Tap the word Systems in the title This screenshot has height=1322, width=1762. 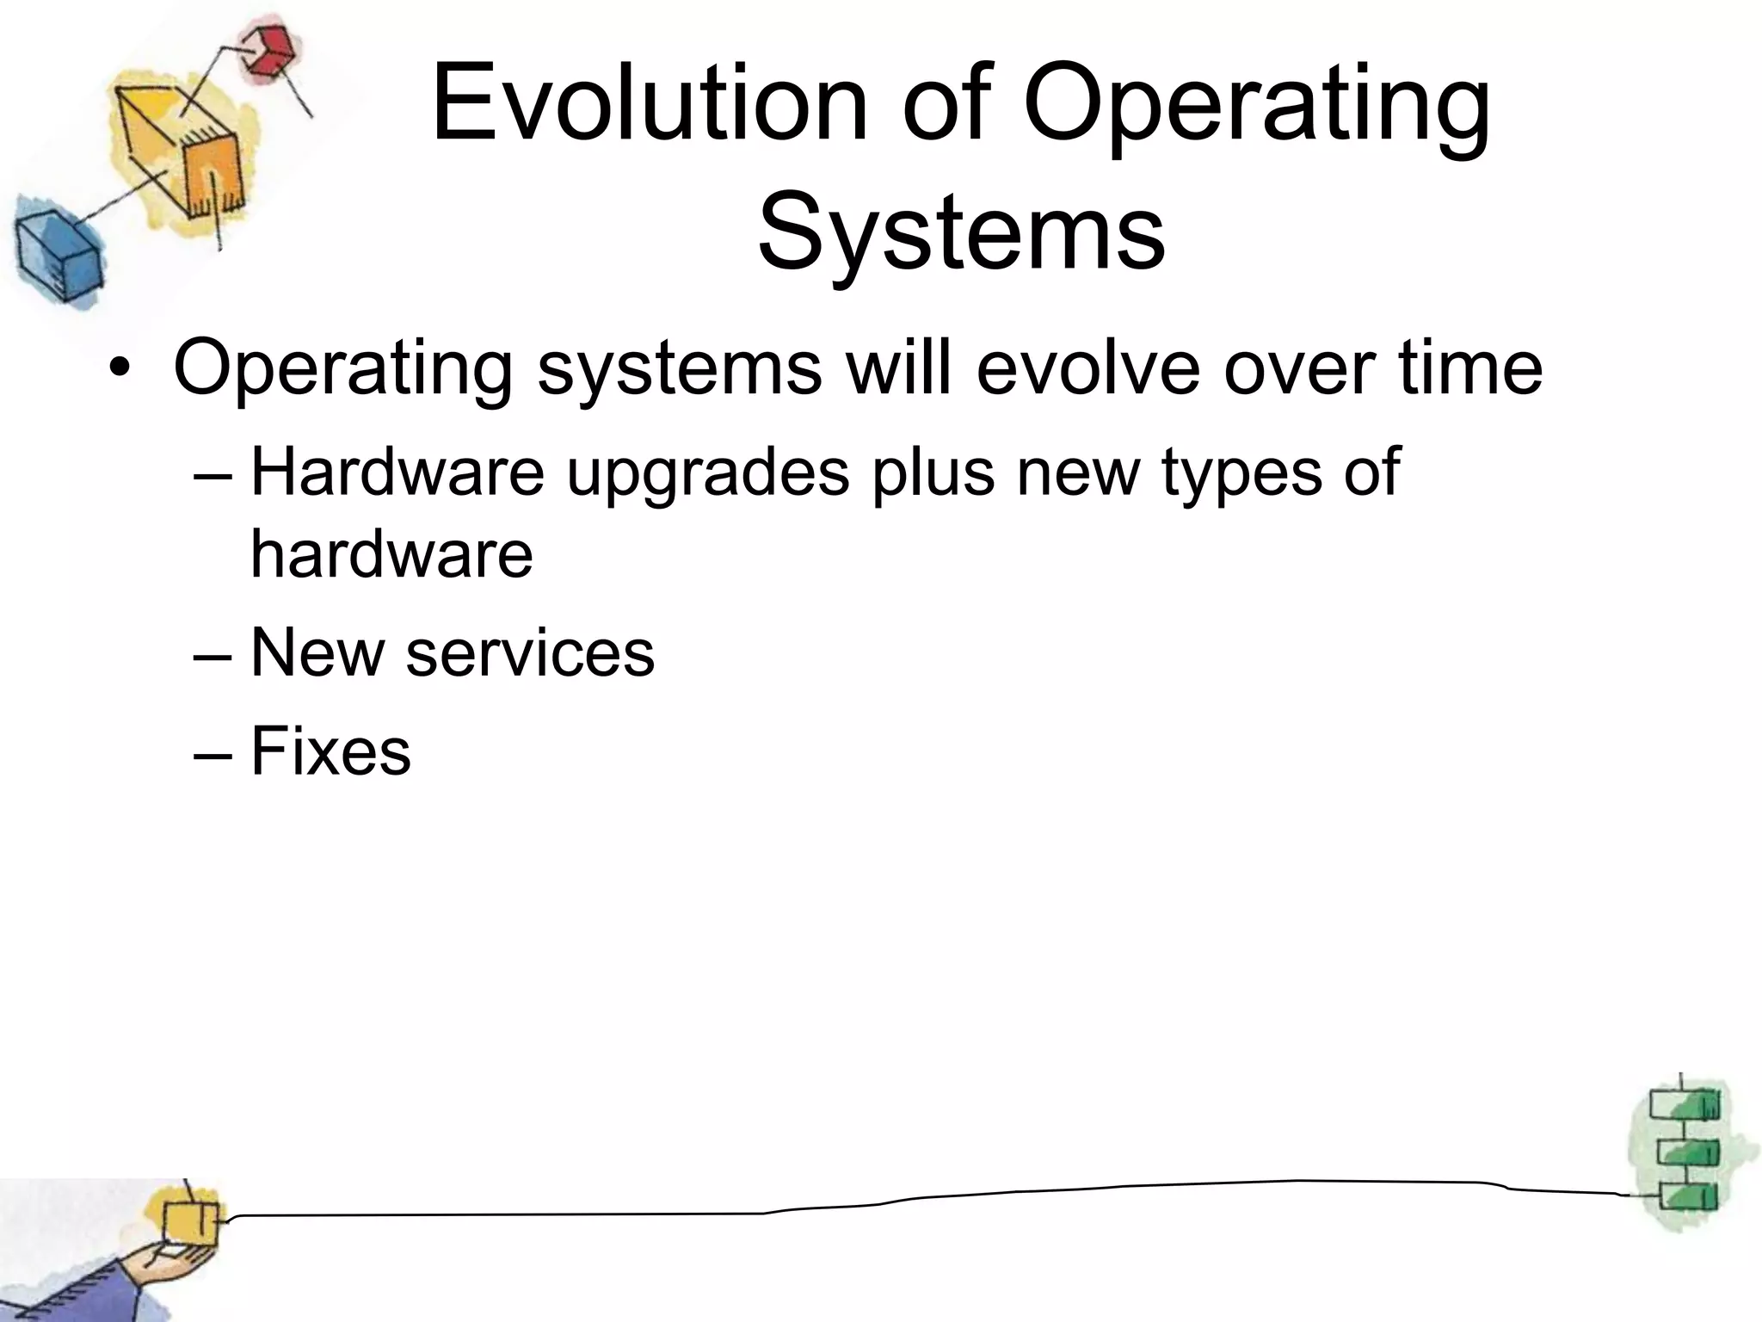[961, 232]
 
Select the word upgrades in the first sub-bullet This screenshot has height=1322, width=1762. [707, 473]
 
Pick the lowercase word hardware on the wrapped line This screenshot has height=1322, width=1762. [391, 553]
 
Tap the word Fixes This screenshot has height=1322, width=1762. [330, 751]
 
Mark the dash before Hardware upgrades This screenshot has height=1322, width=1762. [213, 474]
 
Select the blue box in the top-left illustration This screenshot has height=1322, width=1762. [57, 255]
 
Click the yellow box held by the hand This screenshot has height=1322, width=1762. [190, 1223]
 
